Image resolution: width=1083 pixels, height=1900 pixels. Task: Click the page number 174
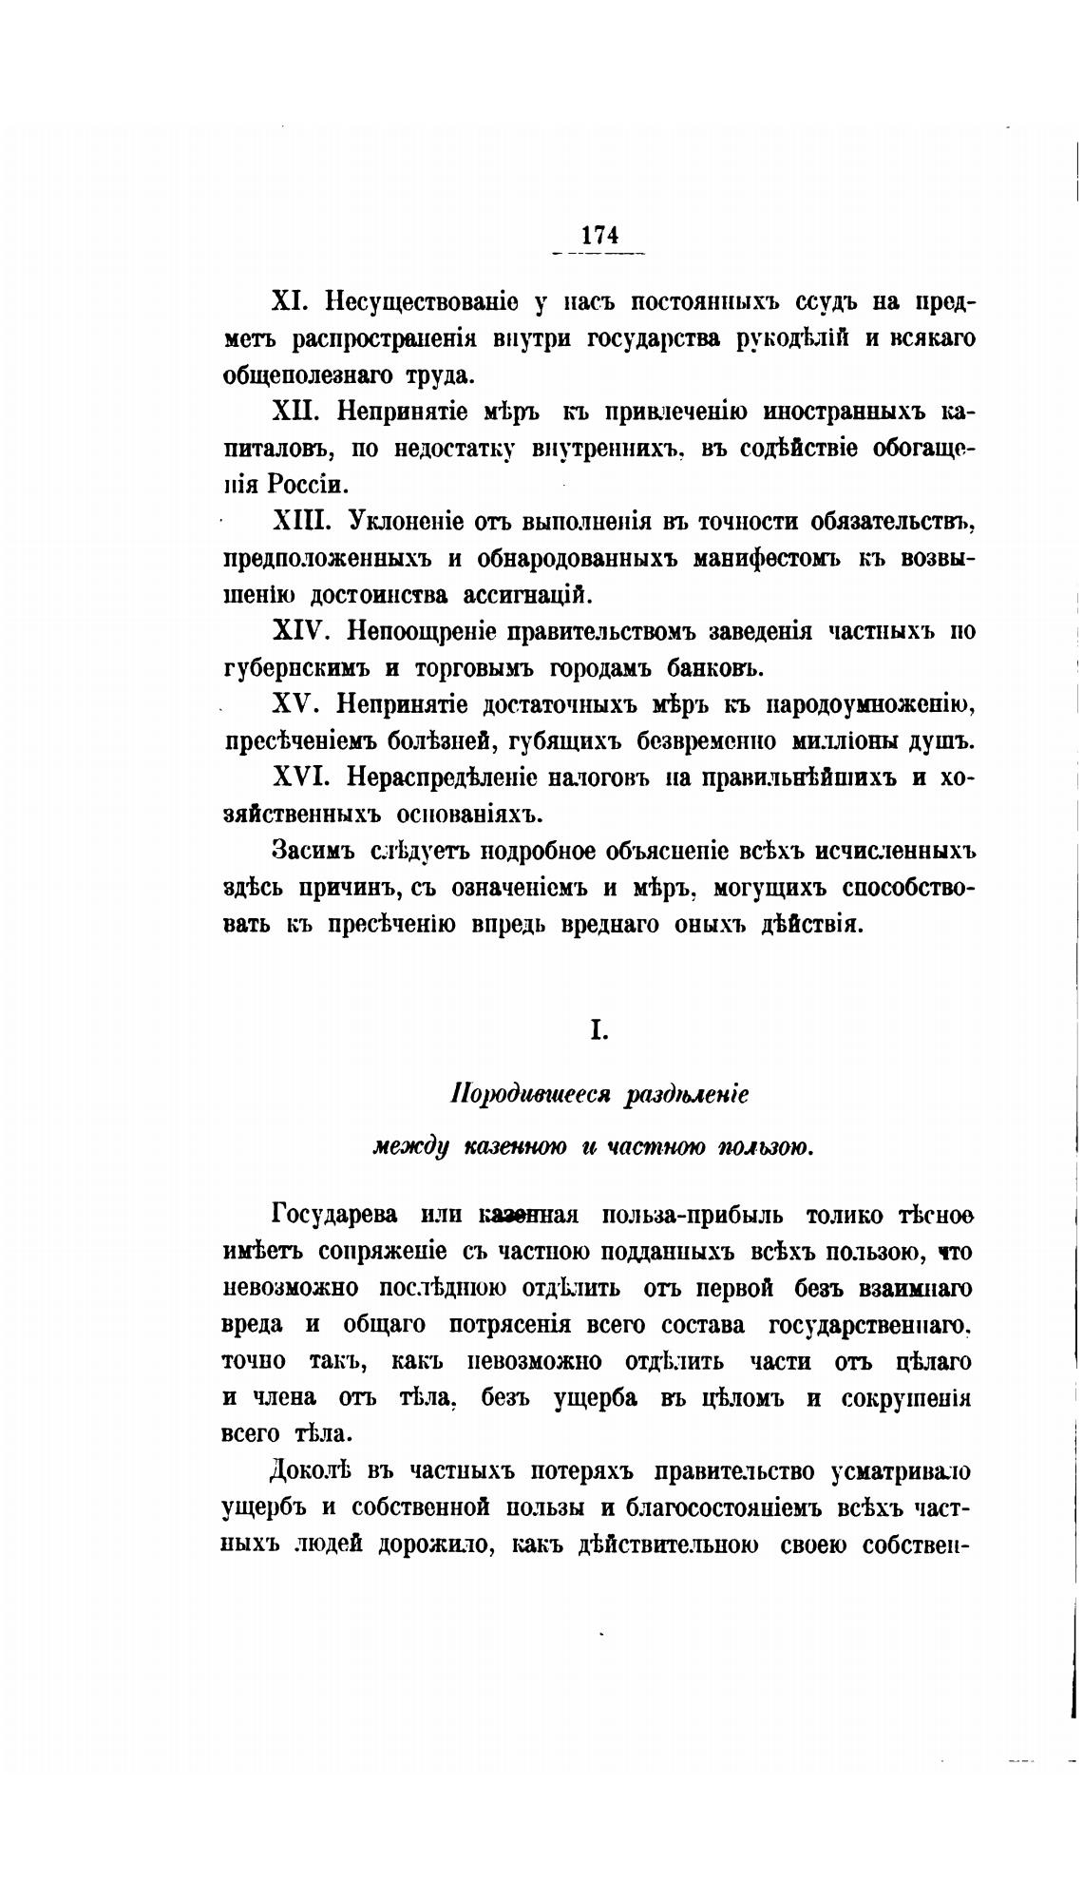(598, 234)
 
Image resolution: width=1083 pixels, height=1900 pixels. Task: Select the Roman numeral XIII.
(304, 522)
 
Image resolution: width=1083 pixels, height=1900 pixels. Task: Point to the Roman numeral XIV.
(302, 631)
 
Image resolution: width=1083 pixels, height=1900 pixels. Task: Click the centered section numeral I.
(598, 1030)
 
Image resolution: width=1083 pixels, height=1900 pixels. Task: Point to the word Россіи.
(303, 485)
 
